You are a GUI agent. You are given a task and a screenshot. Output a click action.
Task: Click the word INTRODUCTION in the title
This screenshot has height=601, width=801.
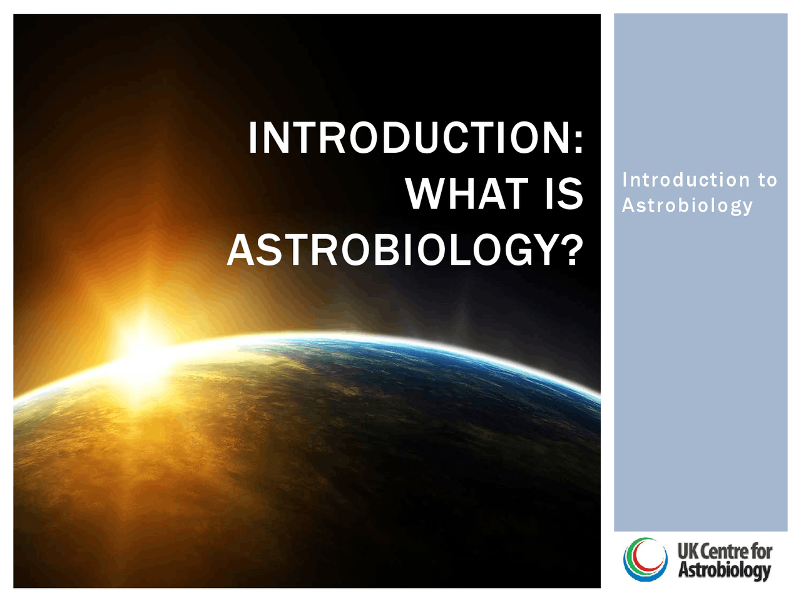click(409, 138)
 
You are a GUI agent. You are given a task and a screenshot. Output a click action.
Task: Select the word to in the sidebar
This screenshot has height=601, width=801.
click(767, 180)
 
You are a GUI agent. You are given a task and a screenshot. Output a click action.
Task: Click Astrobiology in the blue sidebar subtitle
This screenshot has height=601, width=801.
click(687, 206)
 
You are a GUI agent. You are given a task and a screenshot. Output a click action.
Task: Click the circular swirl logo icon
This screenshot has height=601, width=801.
click(645, 559)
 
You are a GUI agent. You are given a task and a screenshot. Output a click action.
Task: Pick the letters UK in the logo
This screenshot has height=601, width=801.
click(687, 551)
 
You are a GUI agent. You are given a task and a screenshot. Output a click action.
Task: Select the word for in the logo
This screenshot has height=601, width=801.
click(762, 551)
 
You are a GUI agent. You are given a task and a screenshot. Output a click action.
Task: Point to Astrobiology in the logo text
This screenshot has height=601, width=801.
click(725, 570)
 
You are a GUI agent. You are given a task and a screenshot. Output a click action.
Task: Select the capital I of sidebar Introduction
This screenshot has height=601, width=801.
click(625, 180)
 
